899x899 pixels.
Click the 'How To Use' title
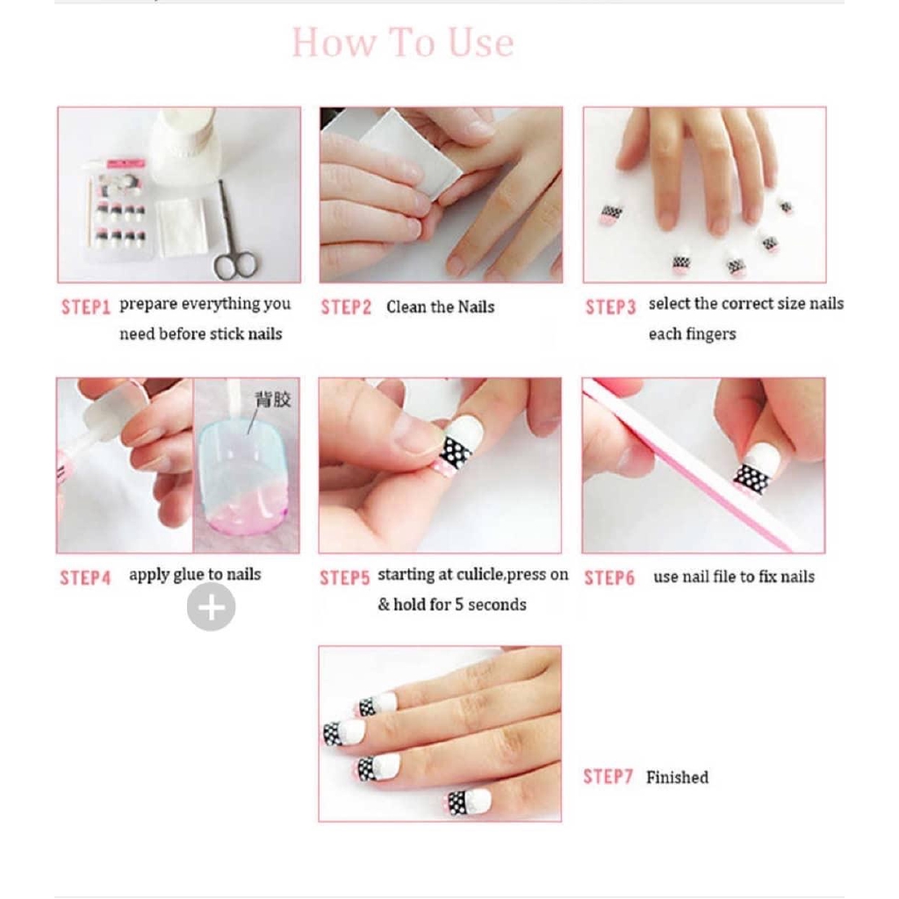click(402, 43)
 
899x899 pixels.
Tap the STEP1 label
click(85, 307)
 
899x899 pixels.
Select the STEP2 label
click(346, 307)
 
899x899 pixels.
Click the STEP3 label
click(610, 307)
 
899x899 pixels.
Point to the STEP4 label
click(85, 578)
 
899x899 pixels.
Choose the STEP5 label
click(344, 578)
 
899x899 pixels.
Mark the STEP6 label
click(609, 578)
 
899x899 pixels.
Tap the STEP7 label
click(608, 777)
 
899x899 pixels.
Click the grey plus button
click(211, 607)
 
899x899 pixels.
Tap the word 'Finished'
click(677, 777)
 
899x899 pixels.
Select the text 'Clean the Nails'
click(440, 307)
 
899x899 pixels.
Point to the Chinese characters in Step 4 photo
click(272, 400)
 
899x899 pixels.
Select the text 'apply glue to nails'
click(195, 575)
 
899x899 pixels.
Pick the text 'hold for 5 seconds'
click(460, 605)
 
